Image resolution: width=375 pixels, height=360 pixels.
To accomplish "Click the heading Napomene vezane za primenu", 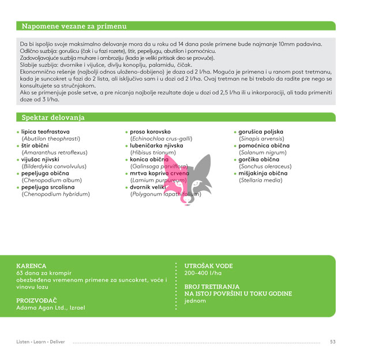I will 74,27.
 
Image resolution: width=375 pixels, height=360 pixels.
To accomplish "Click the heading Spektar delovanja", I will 53,118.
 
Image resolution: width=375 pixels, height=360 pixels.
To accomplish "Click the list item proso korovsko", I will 150,132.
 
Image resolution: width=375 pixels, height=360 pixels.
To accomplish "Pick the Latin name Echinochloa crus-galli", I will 161,138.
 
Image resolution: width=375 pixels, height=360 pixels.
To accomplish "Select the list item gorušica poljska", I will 261,132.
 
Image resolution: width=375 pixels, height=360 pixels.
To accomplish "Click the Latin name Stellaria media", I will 261,180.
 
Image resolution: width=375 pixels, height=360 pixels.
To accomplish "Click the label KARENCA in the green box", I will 31,266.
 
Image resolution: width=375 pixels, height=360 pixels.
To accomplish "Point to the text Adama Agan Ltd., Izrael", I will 51,307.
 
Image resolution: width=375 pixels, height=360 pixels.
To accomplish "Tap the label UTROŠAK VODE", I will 208,266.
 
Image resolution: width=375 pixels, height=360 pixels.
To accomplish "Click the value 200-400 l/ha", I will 202,273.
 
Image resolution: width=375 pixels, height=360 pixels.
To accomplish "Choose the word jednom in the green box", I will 195,301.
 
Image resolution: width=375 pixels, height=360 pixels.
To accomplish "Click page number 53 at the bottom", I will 333,342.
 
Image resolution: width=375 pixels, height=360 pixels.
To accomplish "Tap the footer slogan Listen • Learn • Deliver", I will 41,342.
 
